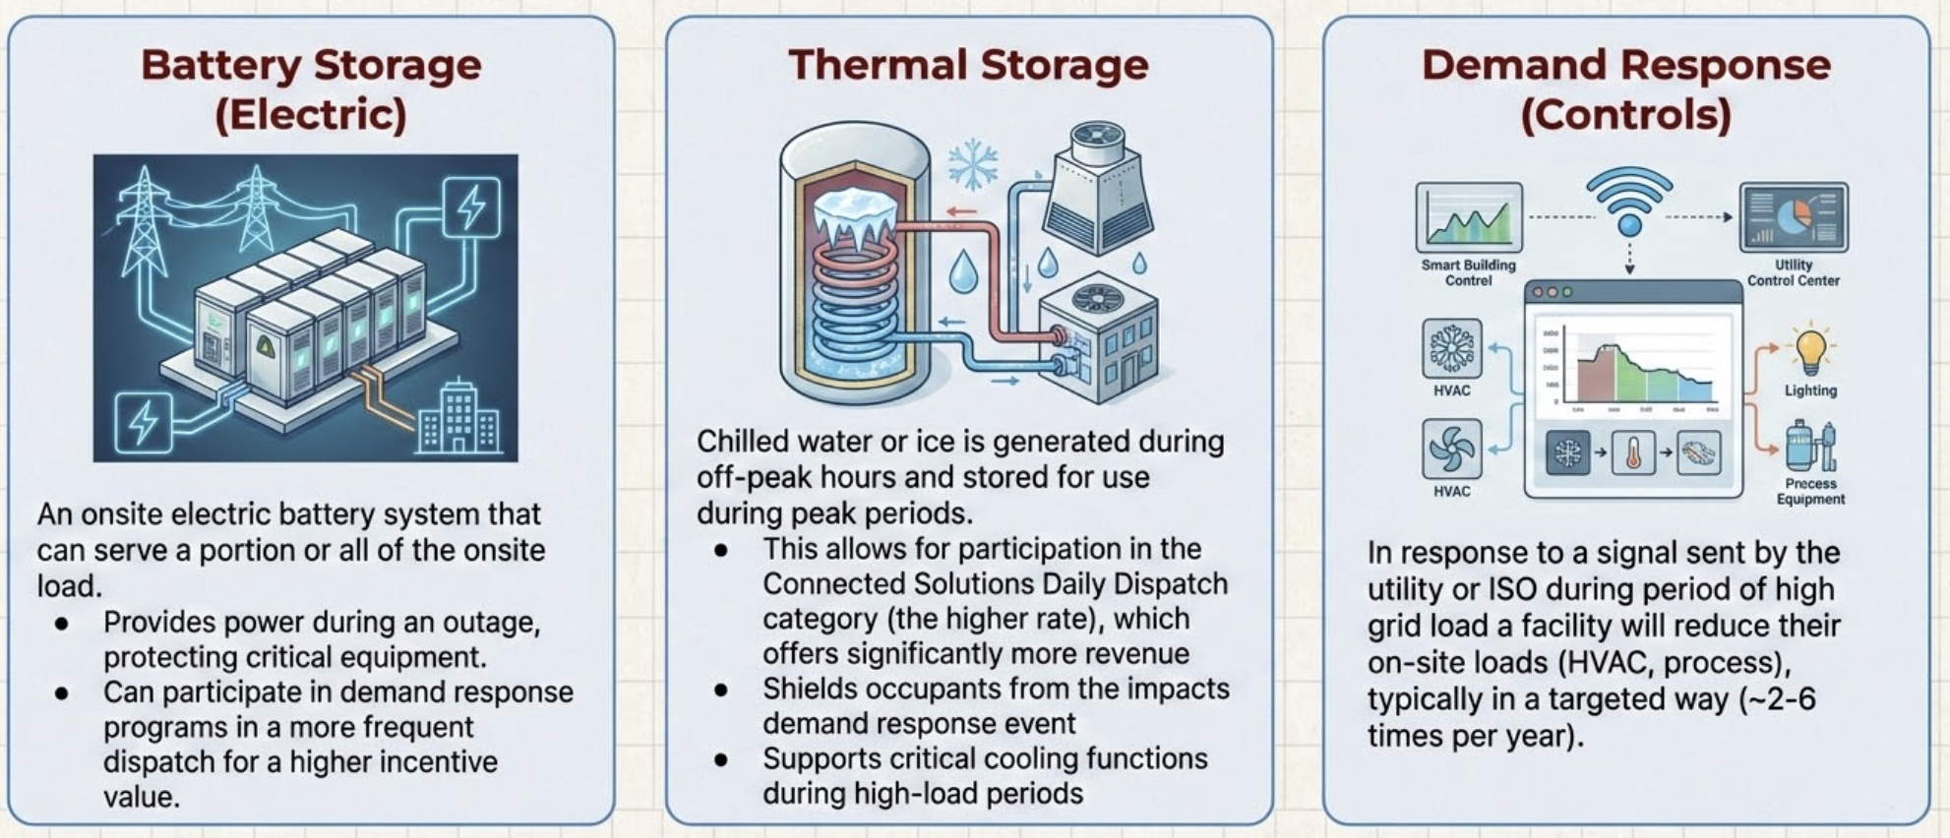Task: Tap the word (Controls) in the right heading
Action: pyautogui.click(x=1625, y=114)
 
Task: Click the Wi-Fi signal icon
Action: pyautogui.click(x=1629, y=202)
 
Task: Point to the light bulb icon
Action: pyautogui.click(x=1810, y=349)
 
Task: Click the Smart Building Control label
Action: pyautogui.click(x=1468, y=272)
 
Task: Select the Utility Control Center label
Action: pyautogui.click(x=1793, y=272)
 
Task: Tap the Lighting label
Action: pyautogui.click(x=1810, y=390)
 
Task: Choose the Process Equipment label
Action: pyautogui.click(x=1810, y=491)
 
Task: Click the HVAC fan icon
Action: pyautogui.click(x=1451, y=449)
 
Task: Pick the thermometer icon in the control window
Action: pyautogui.click(x=1633, y=453)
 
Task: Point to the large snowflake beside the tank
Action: pyautogui.click(x=972, y=164)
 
